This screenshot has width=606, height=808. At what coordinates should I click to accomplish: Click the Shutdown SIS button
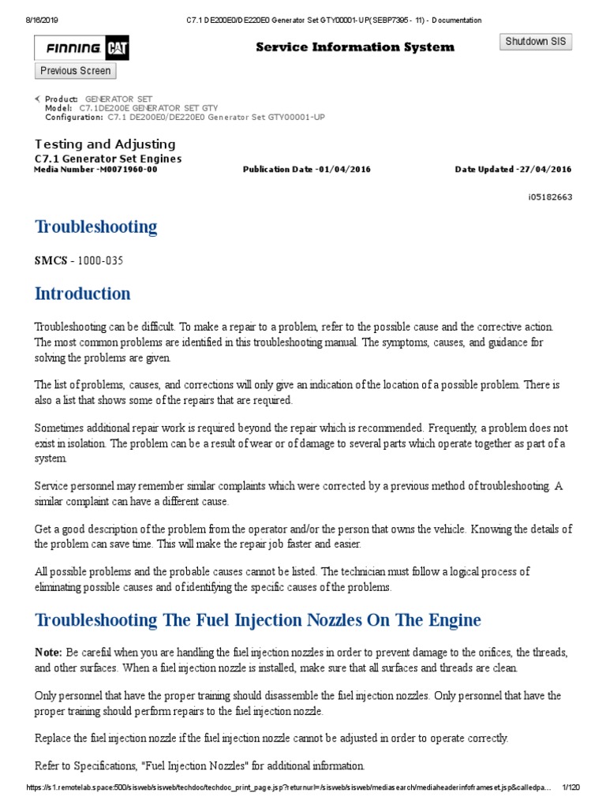[536, 42]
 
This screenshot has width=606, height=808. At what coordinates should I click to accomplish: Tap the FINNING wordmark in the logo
[73, 49]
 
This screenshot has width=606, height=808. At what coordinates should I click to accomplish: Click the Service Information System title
[355, 47]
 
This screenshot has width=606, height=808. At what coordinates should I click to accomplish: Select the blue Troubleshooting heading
[95, 227]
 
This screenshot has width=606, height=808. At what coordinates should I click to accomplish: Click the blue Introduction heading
[83, 294]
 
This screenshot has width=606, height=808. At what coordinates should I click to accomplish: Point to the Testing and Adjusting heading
[105, 144]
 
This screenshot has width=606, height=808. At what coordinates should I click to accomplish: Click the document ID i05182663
[550, 196]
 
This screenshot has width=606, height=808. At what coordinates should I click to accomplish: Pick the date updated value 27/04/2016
[544, 170]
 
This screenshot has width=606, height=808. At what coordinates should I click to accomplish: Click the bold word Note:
[48, 653]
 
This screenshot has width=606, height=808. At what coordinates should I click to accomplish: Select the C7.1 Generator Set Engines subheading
[108, 159]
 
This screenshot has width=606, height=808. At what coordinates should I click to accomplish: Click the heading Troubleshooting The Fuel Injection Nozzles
[257, 620]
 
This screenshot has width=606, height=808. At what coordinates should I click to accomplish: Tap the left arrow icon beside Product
[38, 99]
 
